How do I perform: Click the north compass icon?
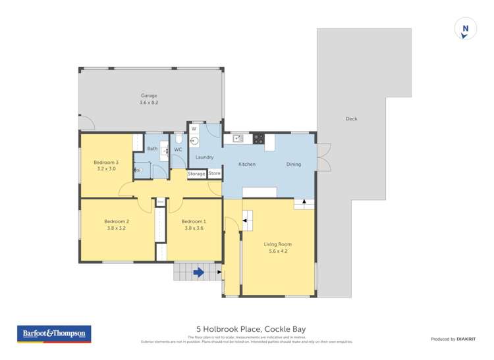(465, 30)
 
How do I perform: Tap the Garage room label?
(148, 95)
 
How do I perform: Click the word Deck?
(351, 119)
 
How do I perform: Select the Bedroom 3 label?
(105, 163)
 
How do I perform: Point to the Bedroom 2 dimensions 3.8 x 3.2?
(115, 228)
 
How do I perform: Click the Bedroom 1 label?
(194, 221)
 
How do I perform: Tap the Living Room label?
(280, 244)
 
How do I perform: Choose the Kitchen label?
(246, 164)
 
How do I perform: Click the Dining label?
(293, 164)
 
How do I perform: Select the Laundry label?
(204, 157)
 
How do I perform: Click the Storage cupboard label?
(196, 174)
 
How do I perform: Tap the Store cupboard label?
(215, 174)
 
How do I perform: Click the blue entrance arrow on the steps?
(198, 272)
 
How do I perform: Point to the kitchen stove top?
(258, 138)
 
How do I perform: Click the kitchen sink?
(238, 138)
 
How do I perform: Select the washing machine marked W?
(194, 129)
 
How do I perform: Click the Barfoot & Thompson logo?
(54, 334)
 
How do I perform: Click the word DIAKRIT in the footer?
(466, 339)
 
